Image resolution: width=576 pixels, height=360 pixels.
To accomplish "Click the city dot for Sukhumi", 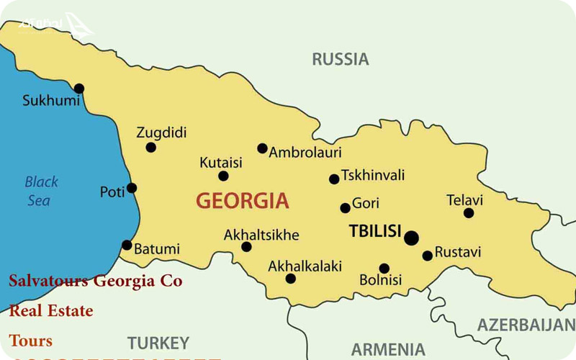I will pyautogui.click(x=79, y=89).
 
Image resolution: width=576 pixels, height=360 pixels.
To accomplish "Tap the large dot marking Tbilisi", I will pyautogui.click(x=411, y=238).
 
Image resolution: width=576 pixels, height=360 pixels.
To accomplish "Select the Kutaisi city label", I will pyautogui.click(x=221, y=163).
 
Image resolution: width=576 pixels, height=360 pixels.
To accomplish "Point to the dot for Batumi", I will pyautogui.click(x=127, y=245).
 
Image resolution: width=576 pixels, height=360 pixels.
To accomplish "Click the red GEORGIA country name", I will pyautogui.click(x=242, y=201).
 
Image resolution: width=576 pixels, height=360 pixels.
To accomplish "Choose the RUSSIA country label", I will pyautogui.click(x=340, y=59).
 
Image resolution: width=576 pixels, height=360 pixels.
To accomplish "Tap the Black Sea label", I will pyautogui.click(x=41, y=191).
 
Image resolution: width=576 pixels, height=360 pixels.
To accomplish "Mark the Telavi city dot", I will pyautogui.click(x=469, y=212).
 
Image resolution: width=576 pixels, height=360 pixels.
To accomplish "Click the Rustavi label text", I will pyautogui.click(x=458, y=253).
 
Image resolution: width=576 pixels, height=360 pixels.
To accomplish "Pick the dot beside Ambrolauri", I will pyautogui.click(x=262, y=148).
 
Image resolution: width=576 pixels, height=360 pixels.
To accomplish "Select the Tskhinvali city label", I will pyautogui.click(x=373, y=175).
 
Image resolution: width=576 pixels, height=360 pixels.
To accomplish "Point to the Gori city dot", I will pyautogui.click(x=345, y=208).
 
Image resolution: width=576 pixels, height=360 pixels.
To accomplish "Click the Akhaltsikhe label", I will pyautogui.click(x=261, y=235).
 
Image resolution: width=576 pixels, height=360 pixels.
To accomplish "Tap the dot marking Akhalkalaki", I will pyautogui.click(x=290, y=279).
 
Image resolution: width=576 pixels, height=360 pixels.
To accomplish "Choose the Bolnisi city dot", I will pyautogui.click(x=384, y=269).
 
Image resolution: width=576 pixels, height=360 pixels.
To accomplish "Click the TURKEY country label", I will pyautogui.click(x=158, y=343).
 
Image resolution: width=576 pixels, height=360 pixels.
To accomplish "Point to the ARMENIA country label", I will pyautogui.click(x=387, y=349).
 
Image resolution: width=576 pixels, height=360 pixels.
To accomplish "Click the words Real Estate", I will pyautogui.click(x=51, y=311).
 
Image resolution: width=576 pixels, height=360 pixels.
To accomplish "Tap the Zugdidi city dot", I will pyautogui.click(x=150, y=147).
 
